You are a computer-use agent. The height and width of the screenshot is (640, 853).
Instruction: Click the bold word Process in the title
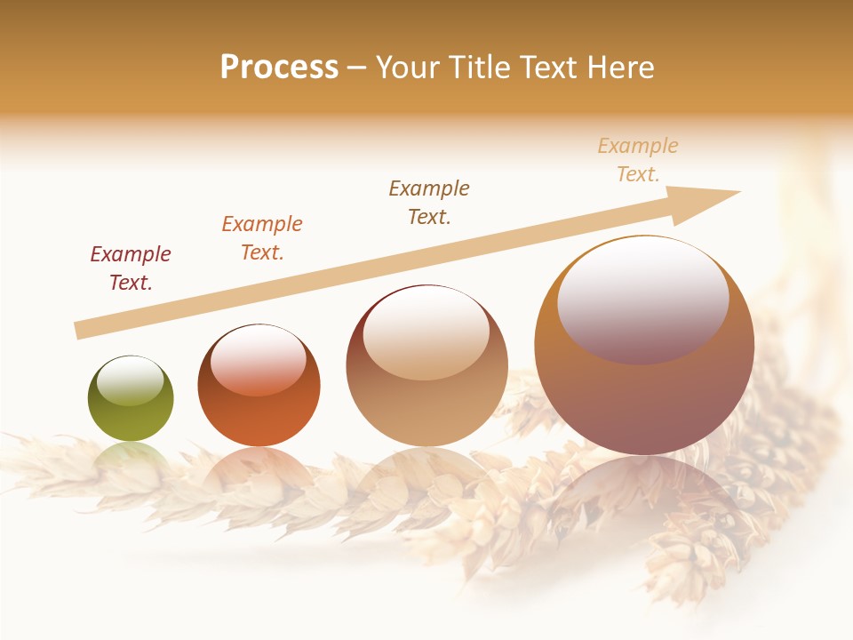[x=279, y=68]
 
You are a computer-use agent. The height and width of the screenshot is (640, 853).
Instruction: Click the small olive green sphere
[x=131, y=398]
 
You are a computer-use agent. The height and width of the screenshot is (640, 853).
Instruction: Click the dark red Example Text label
[x=131, y=268]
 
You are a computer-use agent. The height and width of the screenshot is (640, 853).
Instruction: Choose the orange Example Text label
[x=262, y=238]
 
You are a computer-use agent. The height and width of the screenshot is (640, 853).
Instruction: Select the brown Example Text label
[x=429, y=203]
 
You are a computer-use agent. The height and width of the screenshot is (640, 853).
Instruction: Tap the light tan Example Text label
[x=638, y=160]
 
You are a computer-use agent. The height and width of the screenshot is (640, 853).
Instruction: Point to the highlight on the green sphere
[x=131, y=381]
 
